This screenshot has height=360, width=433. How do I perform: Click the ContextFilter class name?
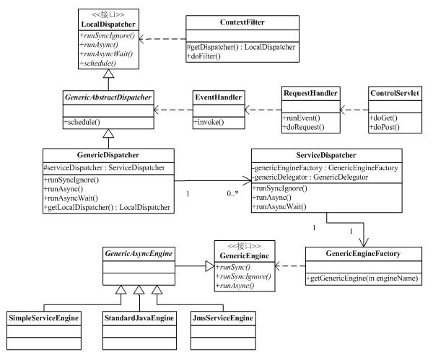click(x=242, y=22)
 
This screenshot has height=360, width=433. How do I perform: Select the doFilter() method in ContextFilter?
click(x=204, y=56)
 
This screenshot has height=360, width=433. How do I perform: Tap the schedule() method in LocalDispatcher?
click(x=97, y=63)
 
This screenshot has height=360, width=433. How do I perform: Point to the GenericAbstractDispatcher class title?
click(x=108, y=97)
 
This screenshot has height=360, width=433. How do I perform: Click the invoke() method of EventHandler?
click(x=209, y=122)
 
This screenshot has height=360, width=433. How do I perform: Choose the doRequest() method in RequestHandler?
click(x=304, y=127)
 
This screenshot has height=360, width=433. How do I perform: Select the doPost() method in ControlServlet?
click(x=385, y=127)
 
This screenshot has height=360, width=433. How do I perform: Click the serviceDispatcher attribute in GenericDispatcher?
click(x=105, y=168)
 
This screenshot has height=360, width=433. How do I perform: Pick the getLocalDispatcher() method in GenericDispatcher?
click(x=107, y=207)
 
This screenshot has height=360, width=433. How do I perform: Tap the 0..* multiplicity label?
click(x=232, y=193)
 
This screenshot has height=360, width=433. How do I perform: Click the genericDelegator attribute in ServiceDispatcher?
click(x=310, y=177)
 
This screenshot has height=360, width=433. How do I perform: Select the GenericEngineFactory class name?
click(x=363, y=253)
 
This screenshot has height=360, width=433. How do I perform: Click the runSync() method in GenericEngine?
click(x=233, y=267)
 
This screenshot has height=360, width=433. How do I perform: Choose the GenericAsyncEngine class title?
click(x=139, y=253)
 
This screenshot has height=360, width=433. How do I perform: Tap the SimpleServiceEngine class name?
click(x=43, y=318)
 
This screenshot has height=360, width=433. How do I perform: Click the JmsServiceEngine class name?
click(x=222, y=318)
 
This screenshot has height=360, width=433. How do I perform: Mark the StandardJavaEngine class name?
click(x=139, y=318)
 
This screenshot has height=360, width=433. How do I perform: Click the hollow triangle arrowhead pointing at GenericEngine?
click(x=210, y=266)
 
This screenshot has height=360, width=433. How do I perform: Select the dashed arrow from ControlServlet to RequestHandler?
click(x=354, y=110)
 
